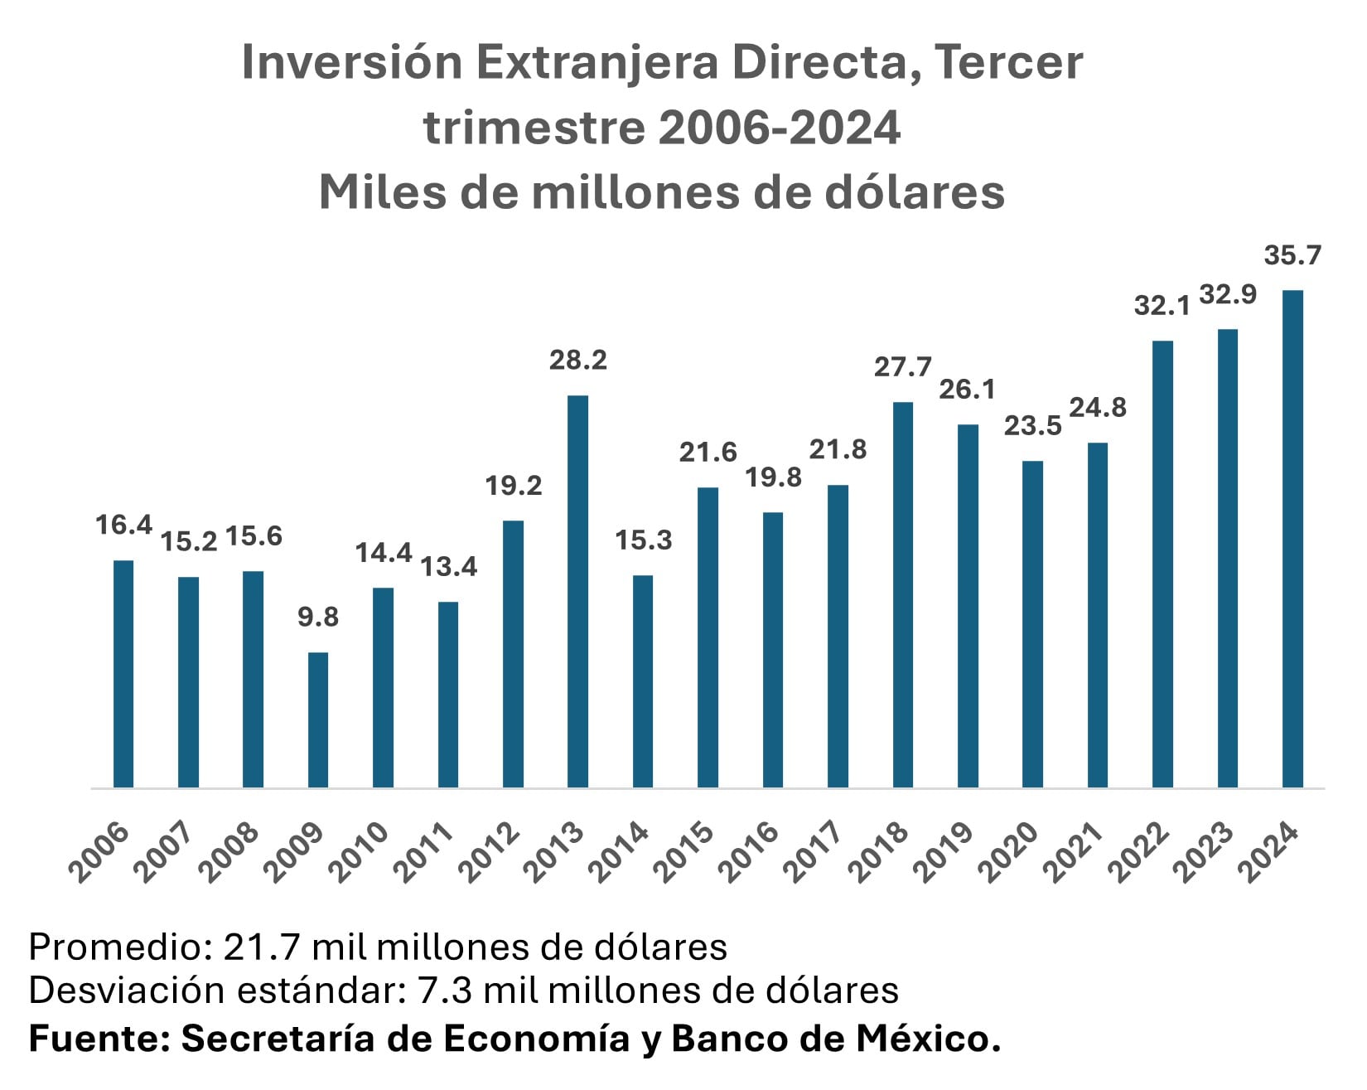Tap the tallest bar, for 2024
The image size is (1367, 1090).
[x=1292, y=539]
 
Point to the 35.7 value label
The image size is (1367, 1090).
[x=1292, y=255]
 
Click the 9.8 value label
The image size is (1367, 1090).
[x=318, y=618]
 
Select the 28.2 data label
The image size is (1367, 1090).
[x=578, y=361]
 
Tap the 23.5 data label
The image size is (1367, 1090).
[x=1032, y=426]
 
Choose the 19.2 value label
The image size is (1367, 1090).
[x=514, y=486]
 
